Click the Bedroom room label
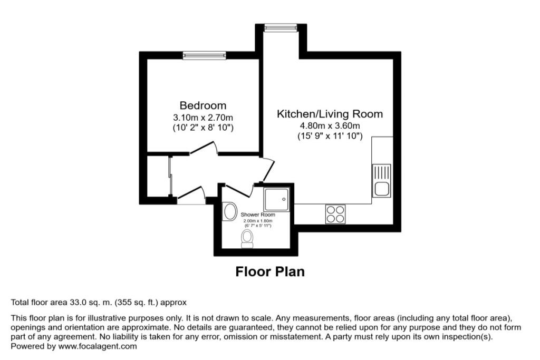pos(203,105)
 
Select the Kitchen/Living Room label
pos(330,114)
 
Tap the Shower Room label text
pos(258,215)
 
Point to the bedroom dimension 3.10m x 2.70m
pos(203,117)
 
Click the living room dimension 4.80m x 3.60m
pos(330,125)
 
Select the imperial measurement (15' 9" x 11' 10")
pos(330,136)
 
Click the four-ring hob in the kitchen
pos(335,213)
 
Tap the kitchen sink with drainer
pos(381,180)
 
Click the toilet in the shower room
pos(247,240)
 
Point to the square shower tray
pos(277,199)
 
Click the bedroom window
pos(204,55)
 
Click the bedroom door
pos(204,149)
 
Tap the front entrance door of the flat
pos(191,195)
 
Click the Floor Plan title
pos(269,272)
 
